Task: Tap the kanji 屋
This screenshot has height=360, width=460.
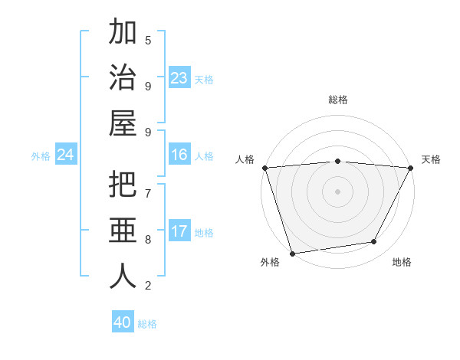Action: [123, 123]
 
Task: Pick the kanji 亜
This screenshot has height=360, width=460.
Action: [123, 231]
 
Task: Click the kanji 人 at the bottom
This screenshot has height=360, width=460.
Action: [123, 276]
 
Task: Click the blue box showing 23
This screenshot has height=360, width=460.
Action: [179, 78]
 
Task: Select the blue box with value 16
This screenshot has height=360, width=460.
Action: [179, 155]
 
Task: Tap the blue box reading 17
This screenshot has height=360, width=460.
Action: [179, 231]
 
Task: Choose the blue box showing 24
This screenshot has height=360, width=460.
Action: [65, 155]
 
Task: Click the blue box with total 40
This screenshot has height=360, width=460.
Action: [123, 322]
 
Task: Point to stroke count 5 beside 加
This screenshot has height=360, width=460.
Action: [148, 40]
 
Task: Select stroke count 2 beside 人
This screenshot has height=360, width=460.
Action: [148, 286]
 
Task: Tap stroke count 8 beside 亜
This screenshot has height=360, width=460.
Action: [148, 239]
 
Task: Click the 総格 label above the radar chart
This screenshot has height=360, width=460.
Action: [337, 100]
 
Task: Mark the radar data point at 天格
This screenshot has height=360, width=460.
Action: [410, 168]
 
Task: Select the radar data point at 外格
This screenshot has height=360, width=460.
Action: [292, 253]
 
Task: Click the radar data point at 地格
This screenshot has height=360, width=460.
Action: [374, 242]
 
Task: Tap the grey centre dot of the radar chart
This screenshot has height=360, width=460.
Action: [337, 191]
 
